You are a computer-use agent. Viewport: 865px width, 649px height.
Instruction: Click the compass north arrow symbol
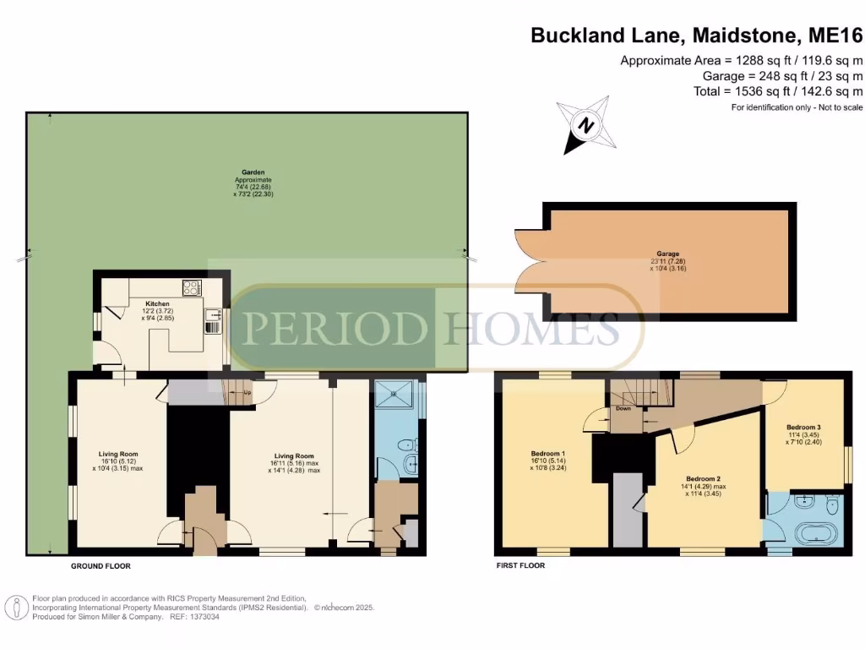coord(584,126)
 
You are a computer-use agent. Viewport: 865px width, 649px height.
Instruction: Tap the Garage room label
coord(668,253)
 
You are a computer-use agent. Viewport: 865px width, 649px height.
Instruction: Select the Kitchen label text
coord(158,303)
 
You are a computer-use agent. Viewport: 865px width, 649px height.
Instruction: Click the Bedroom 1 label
coord(547,451)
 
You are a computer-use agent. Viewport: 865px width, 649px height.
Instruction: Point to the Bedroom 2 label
coord(703,478)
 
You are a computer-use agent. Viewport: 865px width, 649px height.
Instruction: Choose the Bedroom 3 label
coord(802,426)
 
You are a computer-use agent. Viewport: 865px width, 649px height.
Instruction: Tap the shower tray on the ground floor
coord(394,395)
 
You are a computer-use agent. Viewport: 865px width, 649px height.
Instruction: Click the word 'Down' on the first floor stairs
coord(623,408)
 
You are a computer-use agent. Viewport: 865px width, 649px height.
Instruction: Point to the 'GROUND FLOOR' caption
coord(100,566)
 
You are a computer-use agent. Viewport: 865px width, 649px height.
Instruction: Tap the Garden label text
coord(248,172)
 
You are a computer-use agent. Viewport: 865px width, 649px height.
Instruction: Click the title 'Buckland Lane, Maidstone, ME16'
coord(696,35)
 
